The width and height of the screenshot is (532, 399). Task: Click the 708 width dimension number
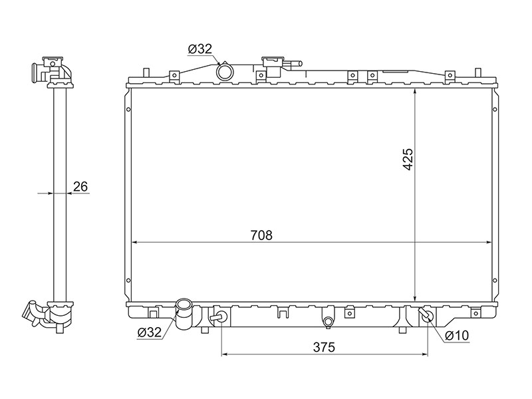[261, 235]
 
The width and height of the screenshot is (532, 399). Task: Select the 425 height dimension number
[408, 159]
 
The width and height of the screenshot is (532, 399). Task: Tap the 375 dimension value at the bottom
[324, 347]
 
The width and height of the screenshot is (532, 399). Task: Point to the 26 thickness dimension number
[80, 186]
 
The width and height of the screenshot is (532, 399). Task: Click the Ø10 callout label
[458, 336]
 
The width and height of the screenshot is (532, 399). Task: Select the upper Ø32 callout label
[200, 49]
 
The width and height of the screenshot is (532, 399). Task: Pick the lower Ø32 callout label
[150, 332]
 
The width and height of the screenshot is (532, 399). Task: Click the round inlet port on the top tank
[225, 72]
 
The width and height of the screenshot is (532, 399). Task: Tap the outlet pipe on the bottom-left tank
[184, 314]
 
